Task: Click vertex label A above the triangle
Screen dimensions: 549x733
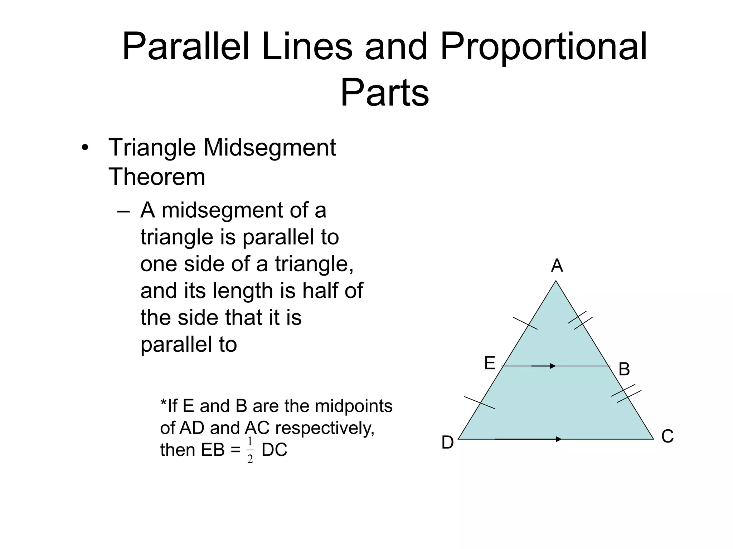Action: click(557, 266)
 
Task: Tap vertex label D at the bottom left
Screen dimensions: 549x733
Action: click(447, 443)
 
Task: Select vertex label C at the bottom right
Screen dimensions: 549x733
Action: click(668, 436)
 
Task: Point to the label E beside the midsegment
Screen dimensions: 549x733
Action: click(490, 363)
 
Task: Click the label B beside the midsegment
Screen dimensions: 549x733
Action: click(624, 369)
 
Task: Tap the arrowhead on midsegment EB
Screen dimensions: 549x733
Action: click(553, 366)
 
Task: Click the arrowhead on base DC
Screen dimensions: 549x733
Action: click(558, 439)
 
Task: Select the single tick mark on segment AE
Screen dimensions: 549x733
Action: click(525, 323)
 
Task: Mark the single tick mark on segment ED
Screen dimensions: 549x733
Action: click(480, 402)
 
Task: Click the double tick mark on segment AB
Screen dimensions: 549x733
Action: click(580, 320)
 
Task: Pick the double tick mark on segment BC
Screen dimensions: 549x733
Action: click(626, 394)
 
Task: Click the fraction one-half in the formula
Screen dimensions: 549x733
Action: click(250, 450)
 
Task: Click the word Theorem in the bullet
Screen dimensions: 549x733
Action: click(157, 177)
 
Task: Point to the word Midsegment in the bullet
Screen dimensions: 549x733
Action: click(270, 148)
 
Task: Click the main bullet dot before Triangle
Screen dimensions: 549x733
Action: click(84, 148)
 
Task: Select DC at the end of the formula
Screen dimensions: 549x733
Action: click(275, 450)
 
